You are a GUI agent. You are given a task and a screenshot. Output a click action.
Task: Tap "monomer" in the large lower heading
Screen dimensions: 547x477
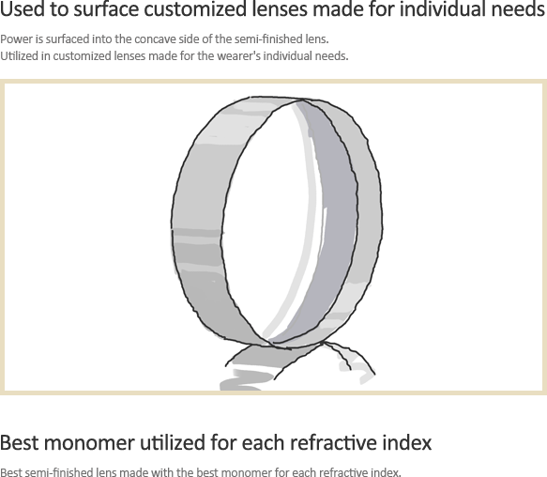pos(89,443)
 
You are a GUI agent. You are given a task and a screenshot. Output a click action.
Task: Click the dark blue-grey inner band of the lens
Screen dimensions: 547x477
pos(336,217)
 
